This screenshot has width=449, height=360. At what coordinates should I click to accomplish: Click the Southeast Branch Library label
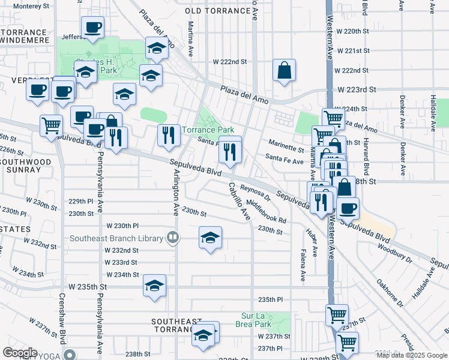pos(116,238)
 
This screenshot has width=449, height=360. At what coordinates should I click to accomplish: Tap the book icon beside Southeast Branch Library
pos(173,238)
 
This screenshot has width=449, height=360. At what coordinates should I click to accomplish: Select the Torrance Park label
pos(208,130)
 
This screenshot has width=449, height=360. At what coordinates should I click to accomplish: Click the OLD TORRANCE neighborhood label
pos(217,11)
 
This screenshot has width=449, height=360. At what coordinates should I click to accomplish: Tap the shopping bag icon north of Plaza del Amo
pos(284,71)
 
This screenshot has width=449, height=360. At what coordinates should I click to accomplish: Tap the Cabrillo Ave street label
pos(238,202)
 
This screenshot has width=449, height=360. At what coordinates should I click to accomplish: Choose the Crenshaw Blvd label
pos(61,318)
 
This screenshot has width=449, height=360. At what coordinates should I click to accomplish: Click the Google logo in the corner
pos(20,353)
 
